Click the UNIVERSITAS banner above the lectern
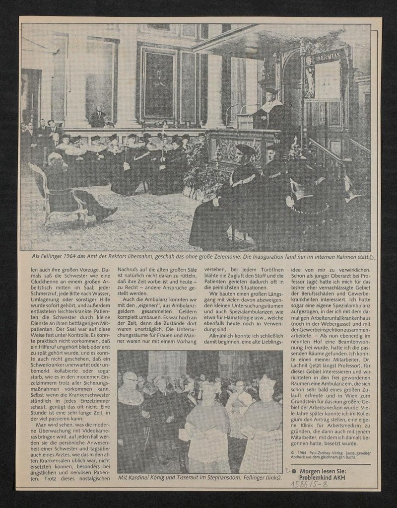323,59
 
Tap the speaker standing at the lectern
271,107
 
